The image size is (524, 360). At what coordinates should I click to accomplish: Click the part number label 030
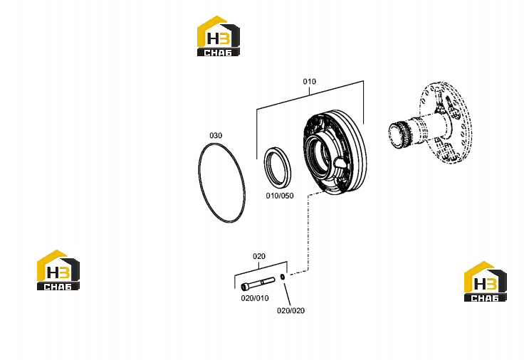tap(216, 136)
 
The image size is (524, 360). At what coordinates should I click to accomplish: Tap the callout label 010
tap(310, 82)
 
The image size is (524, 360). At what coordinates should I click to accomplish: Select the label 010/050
tap(280, 196)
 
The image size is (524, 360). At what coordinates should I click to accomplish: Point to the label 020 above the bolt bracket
tap(259, 256)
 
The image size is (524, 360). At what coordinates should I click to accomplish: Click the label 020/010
tap(255, 298)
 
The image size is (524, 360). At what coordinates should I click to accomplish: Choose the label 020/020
tap(290, 311)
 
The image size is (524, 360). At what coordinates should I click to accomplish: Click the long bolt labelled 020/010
tap(258, 284)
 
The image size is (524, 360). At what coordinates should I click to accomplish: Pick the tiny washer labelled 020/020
tap(283, 277)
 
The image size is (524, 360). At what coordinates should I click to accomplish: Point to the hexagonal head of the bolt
tap(245, 286)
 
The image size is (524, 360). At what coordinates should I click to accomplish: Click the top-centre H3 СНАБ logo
tap(219, 36)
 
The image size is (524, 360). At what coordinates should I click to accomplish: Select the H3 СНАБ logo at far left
tap(58, 270)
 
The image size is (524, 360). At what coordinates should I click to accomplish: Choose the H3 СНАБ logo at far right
tap(486, 282)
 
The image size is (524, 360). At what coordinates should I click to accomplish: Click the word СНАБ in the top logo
tap(219, 53)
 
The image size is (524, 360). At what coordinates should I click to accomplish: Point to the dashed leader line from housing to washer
tap(308, 234)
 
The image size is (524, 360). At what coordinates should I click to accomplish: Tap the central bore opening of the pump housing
tap(319, 152)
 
